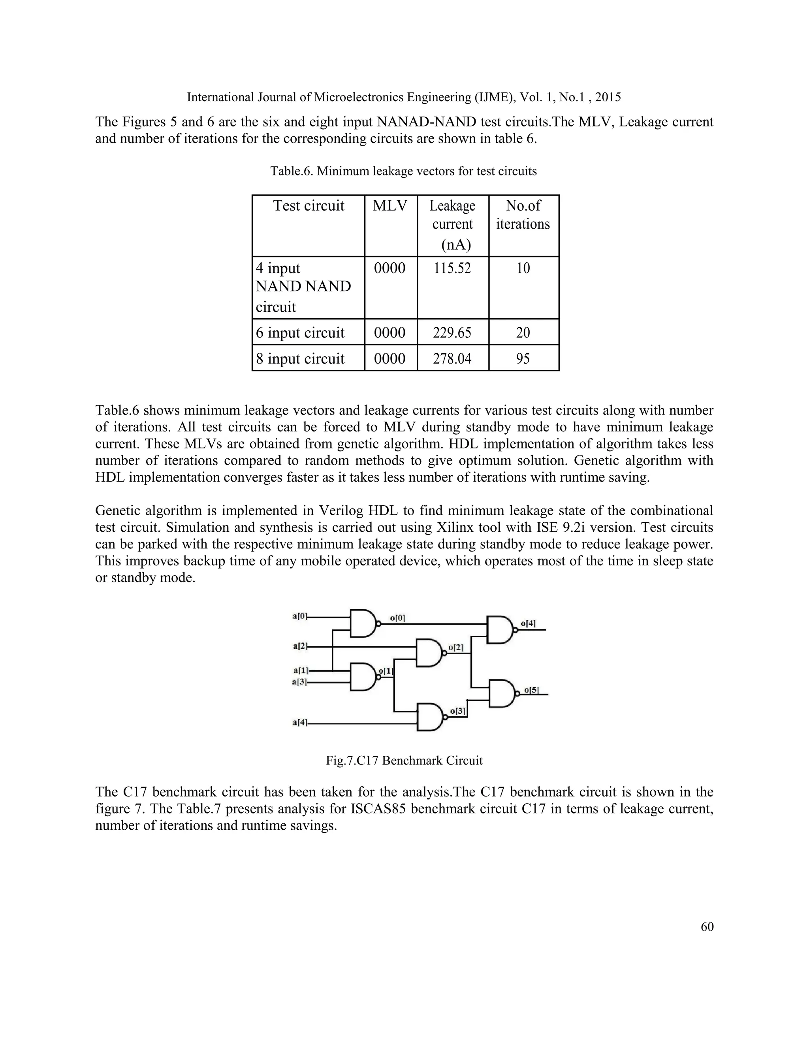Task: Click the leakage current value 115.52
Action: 452,268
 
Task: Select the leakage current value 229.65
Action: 452,333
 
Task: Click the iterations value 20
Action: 523,333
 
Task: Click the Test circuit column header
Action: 309,206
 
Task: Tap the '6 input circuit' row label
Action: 300,333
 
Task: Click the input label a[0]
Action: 299,616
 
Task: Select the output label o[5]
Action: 531,690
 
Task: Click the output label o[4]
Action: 528,624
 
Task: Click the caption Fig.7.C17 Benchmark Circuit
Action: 404,760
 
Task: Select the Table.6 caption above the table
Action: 404,171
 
